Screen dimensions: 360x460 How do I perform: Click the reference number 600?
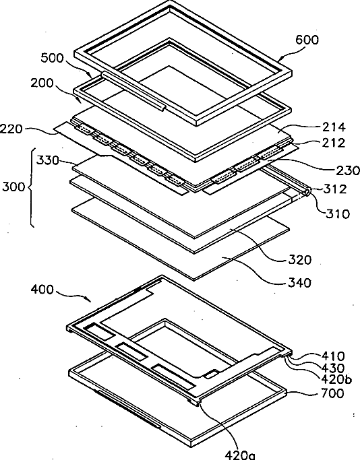307,39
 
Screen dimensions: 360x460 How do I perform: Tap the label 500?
52,58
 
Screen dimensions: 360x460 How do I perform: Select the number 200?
42,84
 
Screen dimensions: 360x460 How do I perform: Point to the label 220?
11,129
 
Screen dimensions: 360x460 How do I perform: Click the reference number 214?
334,127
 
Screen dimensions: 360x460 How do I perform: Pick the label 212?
334,143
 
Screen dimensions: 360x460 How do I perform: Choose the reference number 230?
348,170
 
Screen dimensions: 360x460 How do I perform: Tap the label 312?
335,189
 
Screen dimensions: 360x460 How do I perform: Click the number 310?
338,214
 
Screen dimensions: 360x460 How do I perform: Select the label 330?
48,161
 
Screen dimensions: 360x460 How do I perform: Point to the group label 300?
13,187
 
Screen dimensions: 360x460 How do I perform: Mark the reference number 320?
299,260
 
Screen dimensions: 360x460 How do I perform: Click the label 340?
299,283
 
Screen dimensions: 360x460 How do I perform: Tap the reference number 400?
42,290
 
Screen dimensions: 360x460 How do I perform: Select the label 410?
333,356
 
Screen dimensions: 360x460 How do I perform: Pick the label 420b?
336,380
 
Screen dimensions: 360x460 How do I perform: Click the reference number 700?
332,393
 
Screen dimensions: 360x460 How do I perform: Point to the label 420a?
240,455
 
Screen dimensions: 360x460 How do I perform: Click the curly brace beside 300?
31,187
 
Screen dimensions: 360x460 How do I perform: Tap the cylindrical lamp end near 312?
306,193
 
